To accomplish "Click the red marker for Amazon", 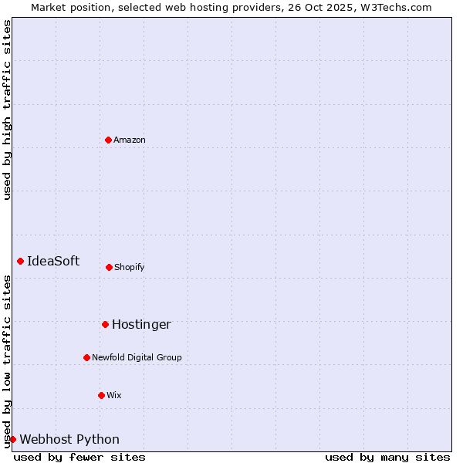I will coord(108,140).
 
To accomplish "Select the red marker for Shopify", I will coord(109,267).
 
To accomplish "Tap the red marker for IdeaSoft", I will coord(20,261).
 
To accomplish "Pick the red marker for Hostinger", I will coord(105,324).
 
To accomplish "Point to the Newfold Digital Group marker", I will coord(86,357).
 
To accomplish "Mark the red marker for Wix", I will coord(101,395).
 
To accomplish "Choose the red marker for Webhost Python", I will coord(12,439).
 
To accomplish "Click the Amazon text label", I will coord(130,140).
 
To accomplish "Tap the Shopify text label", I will coord(130,267).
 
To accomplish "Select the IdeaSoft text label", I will coord(53,261).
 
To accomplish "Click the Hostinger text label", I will coord(141,324).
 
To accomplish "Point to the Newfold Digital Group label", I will coord(137,357).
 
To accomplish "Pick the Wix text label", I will coord(114,395).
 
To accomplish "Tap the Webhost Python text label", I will coord(69,439).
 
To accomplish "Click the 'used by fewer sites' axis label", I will coord(79,457).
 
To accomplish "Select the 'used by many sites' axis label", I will coord(387,457).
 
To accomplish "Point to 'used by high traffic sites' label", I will coord(7,110).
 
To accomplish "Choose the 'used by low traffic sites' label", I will coord(7,361).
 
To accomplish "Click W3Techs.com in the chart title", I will coord(398,7).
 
